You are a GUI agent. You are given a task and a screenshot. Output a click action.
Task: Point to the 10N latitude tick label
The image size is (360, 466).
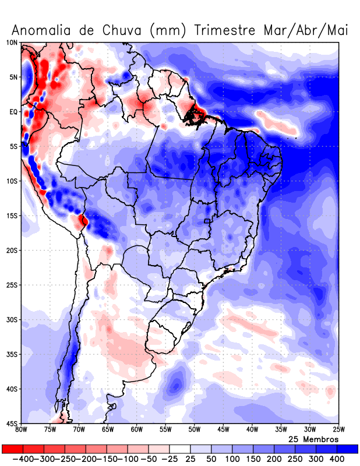(12, 43)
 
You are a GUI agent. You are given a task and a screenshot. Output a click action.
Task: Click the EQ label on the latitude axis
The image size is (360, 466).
(13, 112)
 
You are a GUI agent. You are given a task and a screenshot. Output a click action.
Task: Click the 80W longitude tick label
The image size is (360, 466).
(22, 430)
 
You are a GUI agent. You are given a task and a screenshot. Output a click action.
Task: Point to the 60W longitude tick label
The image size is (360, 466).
(137, 430)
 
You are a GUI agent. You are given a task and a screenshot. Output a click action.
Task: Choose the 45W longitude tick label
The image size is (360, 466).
(223, 430)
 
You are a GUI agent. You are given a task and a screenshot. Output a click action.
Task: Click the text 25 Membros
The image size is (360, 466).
(313, 439)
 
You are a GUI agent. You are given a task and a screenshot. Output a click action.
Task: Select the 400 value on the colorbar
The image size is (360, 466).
(337, 459)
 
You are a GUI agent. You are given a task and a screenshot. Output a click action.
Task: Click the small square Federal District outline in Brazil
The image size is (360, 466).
(207, 221)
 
